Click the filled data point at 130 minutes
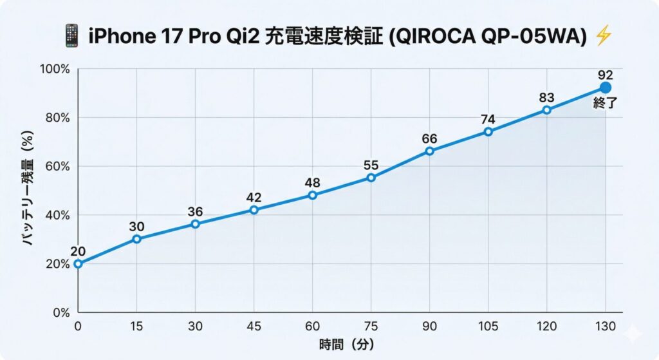(605, 88)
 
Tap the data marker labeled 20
(78, 263)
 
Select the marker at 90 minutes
(429, 151)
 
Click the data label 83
(546, 97)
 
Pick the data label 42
(254, 197)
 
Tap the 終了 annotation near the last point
(605, 102)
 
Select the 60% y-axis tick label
(57, 166)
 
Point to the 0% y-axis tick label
(60, 312)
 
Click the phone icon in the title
(72, 35)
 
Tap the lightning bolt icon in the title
(603, 35)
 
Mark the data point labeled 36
(195, 224)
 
